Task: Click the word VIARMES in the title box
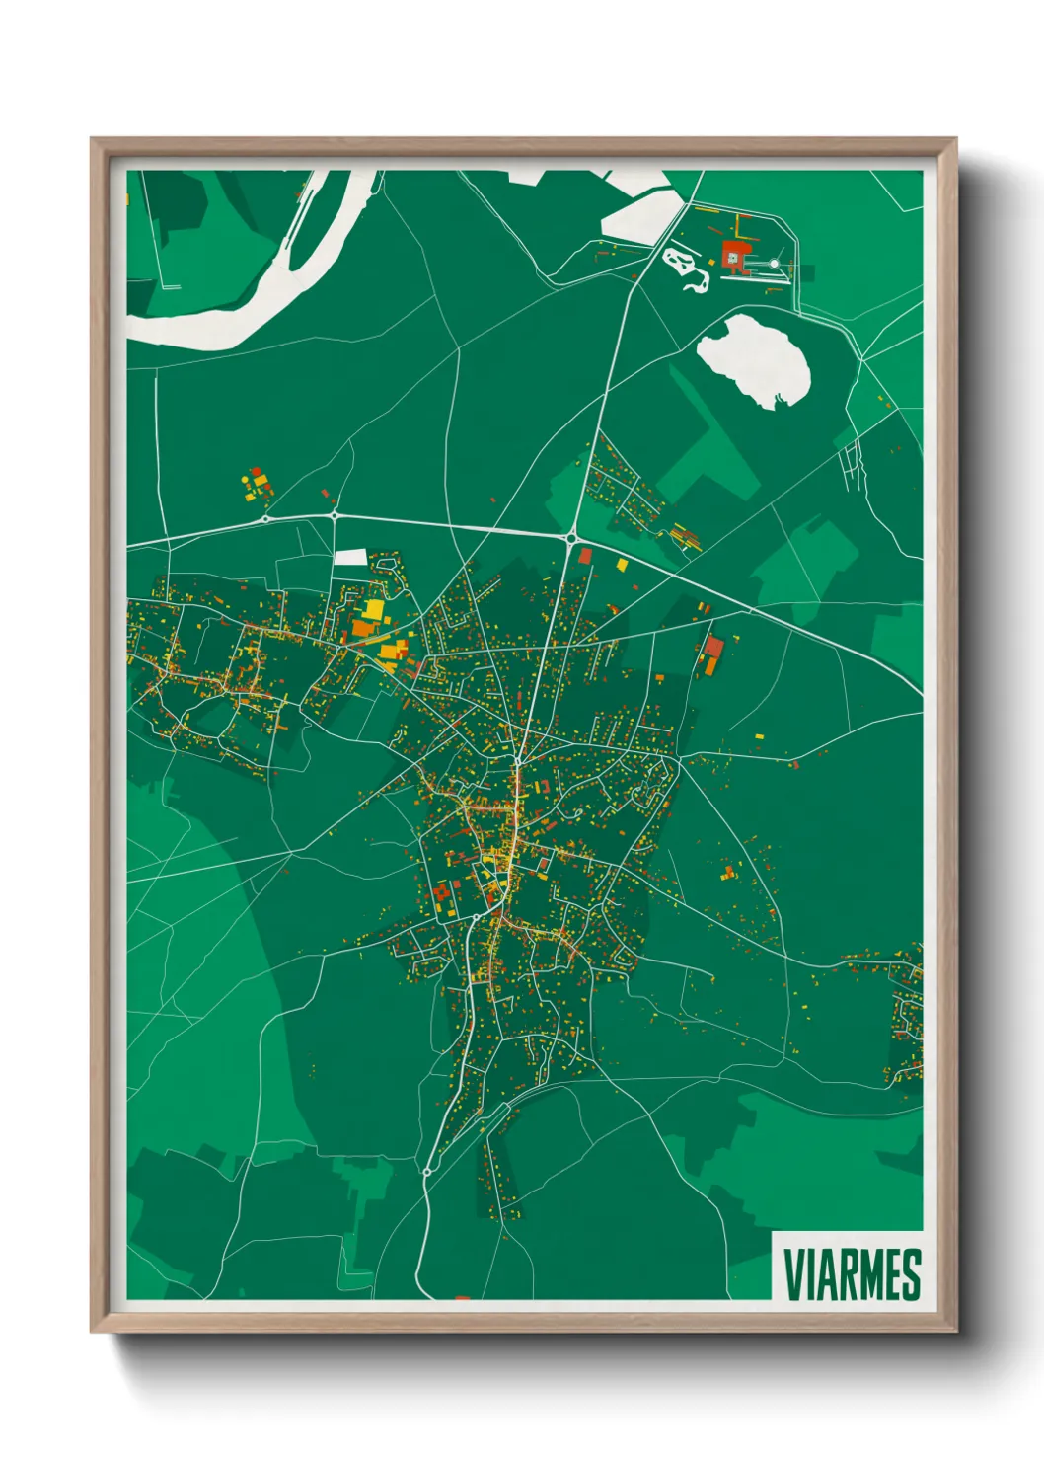tap(852, 1274)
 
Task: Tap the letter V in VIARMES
tap(792, 1274)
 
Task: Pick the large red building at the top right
tap(734, 256)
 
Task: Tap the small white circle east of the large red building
tap(775, 264)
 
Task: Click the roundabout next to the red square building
tap(571, 538)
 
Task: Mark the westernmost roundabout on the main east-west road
tap(265, 517)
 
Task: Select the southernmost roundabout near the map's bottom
tap(426, 1172)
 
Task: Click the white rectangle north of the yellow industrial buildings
tap(350, 558)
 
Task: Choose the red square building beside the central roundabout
tap(585, 556)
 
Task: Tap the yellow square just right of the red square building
tap(622, 565)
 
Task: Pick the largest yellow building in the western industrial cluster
tap(374, 610)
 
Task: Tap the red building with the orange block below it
tap(713, 648)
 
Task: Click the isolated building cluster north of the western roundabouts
tap(257, 484)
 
